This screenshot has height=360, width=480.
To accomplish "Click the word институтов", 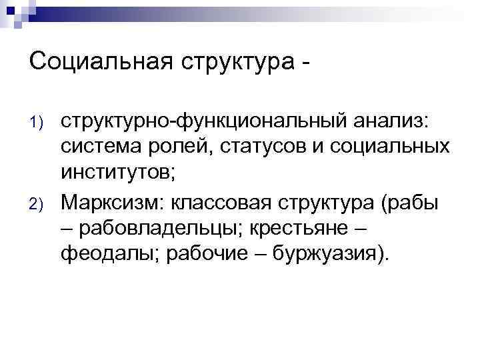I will [116, 176].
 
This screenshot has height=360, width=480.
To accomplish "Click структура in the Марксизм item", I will [334, 203].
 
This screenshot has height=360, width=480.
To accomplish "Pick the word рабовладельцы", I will [161, 230].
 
